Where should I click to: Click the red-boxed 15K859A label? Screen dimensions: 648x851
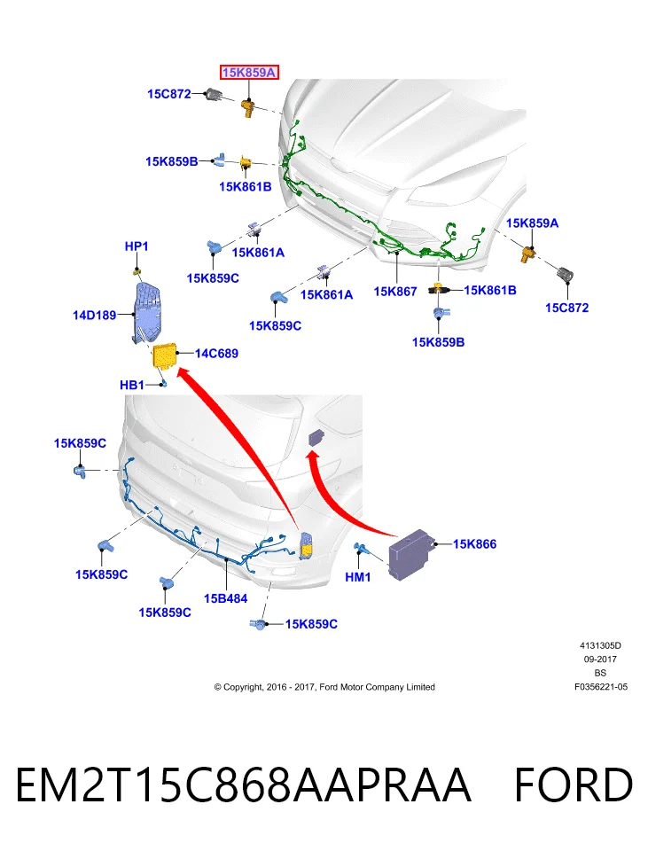(x=249, y=72)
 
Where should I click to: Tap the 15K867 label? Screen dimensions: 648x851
(x=395, y=292)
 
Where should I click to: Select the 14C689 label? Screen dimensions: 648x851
(x=216, y=354)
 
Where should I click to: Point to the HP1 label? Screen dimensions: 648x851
(x=137, y=246)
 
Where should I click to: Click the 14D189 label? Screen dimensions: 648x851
(x=95, y=315)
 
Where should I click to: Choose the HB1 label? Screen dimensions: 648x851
(x=132, y=385)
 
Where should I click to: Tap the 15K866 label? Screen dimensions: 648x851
(x=474, y=543)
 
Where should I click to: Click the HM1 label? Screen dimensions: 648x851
(x=357, y=577)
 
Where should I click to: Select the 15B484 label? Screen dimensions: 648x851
(x=225, y=598)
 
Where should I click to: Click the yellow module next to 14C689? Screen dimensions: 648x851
(x=165, y=356)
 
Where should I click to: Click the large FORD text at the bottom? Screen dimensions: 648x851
(x=574, y=785)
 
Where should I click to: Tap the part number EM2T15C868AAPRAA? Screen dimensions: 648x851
(x=243, y=785)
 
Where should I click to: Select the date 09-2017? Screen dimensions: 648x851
(x=600, y=659)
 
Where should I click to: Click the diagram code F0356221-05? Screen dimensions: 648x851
(x=601, y=686)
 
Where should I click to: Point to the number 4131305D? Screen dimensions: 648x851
(x=600, y=645)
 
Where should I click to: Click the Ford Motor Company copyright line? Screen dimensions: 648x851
(x=324, y=686)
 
